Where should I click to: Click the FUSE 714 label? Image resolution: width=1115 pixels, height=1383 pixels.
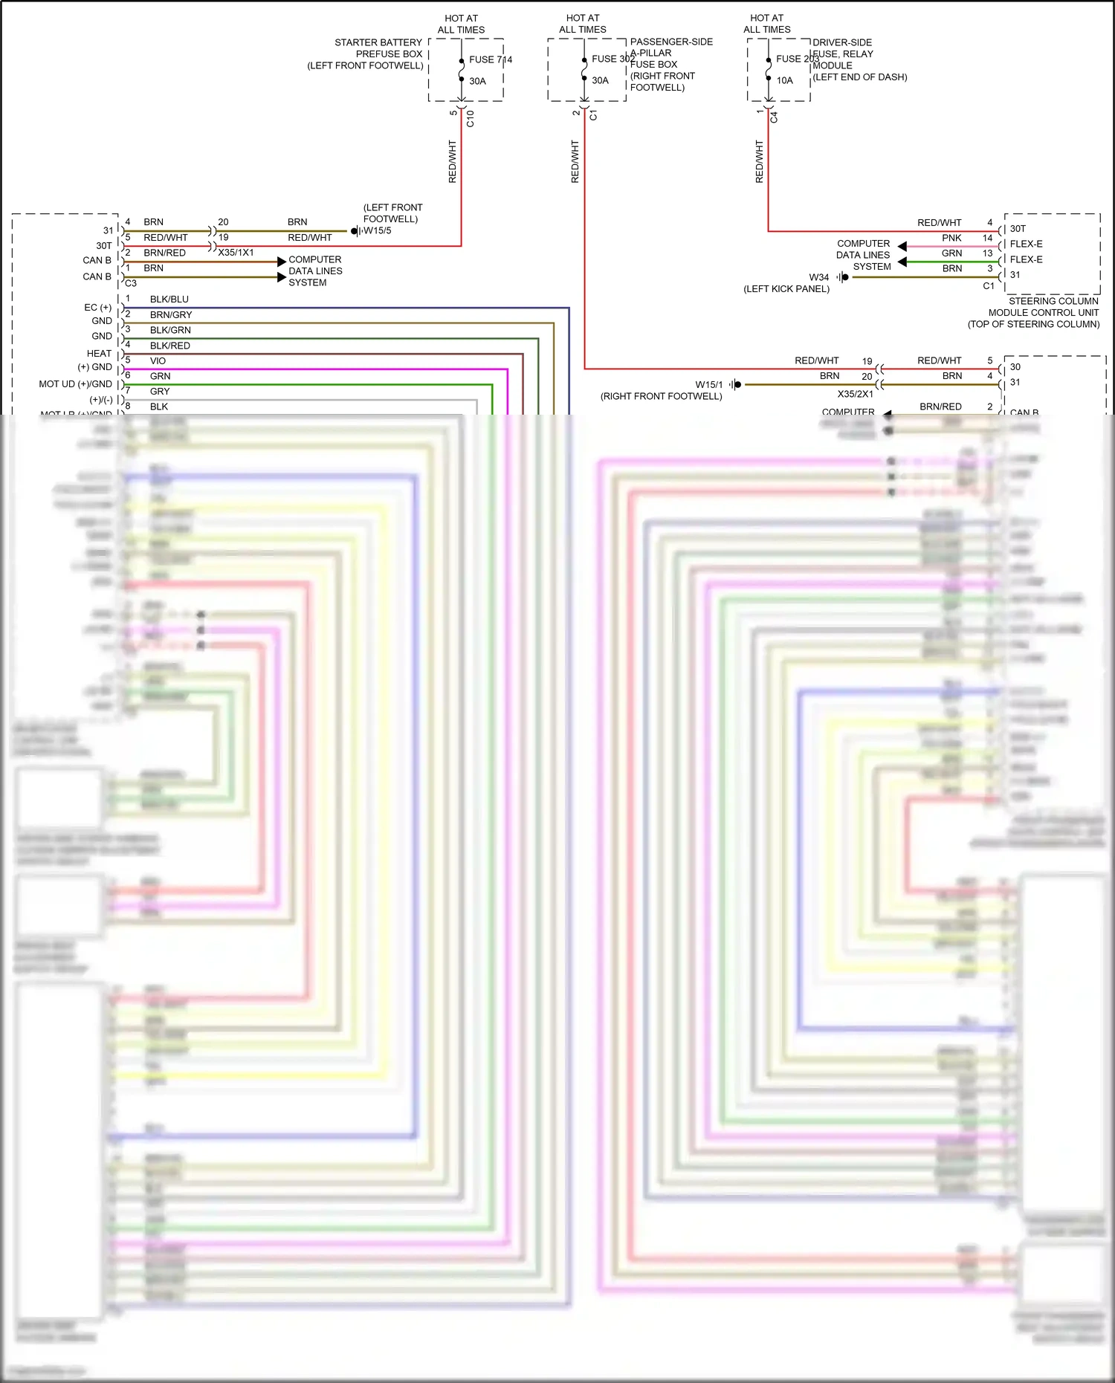pyautogui.click(x=490, y=59)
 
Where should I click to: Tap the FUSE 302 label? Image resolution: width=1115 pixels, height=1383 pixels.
pyautogui.click(x=613, y=59)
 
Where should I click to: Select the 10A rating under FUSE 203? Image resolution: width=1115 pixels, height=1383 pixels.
pyautogui.click(x=784, y=80)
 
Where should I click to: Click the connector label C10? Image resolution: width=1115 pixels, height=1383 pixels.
pyautogui.click(x=470, y=118)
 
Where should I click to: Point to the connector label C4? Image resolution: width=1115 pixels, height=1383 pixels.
pyautogui.click(x=774, y=117)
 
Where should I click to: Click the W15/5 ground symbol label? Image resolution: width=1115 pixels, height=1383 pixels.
pyautogui.click(x=377, y=230)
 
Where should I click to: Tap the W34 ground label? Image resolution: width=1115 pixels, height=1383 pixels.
pyautogui.click(x=818, y=277)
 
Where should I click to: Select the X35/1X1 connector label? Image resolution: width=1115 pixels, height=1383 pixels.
pyautogui.click(x=236, y=253)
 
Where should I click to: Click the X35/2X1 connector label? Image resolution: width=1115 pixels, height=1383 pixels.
pyautogui.click(x=855, y=394)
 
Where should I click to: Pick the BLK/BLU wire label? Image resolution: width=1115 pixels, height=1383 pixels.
pyautogui.click(x=169, y=299)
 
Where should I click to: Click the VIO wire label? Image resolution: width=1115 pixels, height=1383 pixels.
pyautogui.click(x=158, y=361)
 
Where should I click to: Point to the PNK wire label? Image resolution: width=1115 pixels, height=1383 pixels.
pyautogui.click(x=951, y=238)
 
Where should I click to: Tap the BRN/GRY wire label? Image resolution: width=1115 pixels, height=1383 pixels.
pyautogui.click(x=171, y=315)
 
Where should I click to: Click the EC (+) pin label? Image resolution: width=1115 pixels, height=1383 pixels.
pyautogui.click(x=97, y=308)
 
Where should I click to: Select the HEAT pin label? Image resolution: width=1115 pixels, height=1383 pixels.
pyautogui.click(x=99, y=354)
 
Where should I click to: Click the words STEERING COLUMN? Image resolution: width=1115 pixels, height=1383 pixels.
pyautogui.click(x=1053, y=301)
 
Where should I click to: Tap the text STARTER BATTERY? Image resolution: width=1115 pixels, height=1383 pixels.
pyautogui.click(x=378, y=42)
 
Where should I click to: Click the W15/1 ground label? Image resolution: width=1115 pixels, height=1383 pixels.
pyautogui.click(x=708, y=385)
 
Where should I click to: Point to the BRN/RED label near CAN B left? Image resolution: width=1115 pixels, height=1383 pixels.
pyautogui.click(x=164, y=253)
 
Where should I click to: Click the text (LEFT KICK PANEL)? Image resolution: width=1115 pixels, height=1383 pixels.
pyautogui.click(x=786, y=289)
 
